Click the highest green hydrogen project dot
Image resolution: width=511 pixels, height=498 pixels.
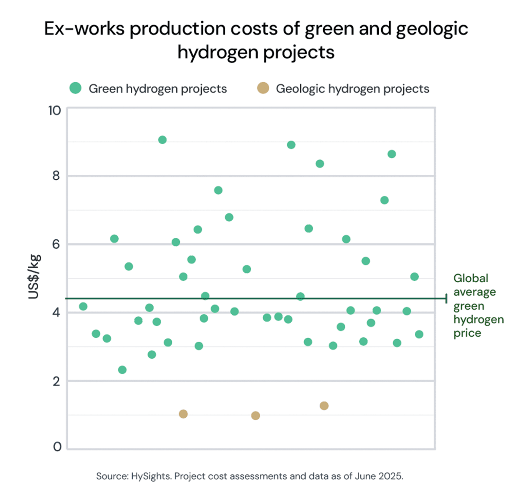[162, 140]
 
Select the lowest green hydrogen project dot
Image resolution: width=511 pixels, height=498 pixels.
[122, 370]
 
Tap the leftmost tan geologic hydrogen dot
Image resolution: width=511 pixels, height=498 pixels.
[183, 414]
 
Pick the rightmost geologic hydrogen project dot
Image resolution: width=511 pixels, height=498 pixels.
[324, 406]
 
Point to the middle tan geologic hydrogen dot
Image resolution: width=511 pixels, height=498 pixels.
[255, 416]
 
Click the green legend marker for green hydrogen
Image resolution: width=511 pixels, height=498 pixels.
[75, 88]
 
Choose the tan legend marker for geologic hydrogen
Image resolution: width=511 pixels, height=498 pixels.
[263, 88]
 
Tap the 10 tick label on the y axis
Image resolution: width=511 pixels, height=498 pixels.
[55, 111]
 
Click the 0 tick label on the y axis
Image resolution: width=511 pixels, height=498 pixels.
[57, 447]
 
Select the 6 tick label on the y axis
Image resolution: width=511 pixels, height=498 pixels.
[56, 244]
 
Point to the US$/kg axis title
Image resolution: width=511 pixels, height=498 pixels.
[34, 277]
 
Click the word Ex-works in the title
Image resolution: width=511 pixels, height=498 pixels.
[84, 29]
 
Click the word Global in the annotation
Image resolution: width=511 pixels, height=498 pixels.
[471, 278]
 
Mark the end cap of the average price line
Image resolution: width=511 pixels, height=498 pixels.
[446, 298]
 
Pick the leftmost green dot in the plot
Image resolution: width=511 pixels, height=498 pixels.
[83, 307]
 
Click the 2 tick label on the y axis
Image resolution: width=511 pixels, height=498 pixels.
[56, 381]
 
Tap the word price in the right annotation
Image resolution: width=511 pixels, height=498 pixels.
[467, 333]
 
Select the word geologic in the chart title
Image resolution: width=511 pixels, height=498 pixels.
[432, 29]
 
